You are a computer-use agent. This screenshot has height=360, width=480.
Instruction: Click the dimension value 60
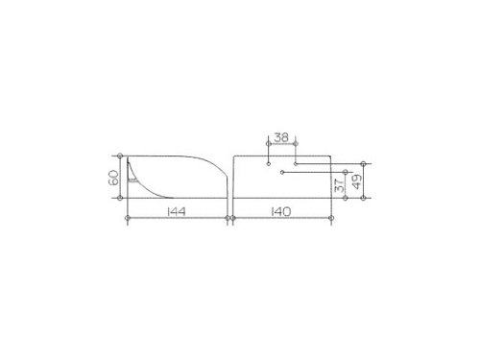(x=113, y=178)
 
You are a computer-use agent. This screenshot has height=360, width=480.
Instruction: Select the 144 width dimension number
(x=176, y=211)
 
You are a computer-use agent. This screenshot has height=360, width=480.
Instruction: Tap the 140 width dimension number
(x=281, y=211)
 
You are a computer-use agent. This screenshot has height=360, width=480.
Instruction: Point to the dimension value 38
(x=281, y=137)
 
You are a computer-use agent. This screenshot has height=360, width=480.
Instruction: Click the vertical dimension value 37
(x=339, y=184)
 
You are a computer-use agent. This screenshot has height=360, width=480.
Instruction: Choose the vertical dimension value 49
(x=357, y=181)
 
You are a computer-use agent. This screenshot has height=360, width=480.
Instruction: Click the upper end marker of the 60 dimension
(x=120, y=156)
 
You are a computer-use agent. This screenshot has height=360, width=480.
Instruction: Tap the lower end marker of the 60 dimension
(x=120, y=198)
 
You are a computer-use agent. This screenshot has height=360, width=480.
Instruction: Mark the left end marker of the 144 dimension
(x=128, y=218)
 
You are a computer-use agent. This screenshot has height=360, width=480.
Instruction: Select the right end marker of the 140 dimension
(x=331, y=218)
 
